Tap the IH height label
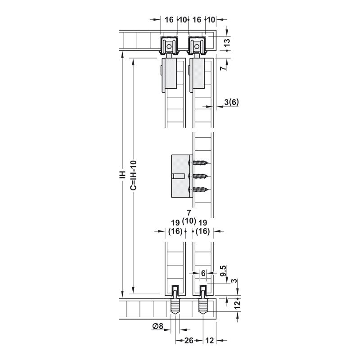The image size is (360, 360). click(123, 175)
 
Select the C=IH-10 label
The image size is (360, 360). click(134, 175)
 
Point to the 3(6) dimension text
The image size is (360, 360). click(231, 102)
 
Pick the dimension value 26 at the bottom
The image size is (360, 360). click(189, 341)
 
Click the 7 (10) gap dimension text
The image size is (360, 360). click(189, 217)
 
